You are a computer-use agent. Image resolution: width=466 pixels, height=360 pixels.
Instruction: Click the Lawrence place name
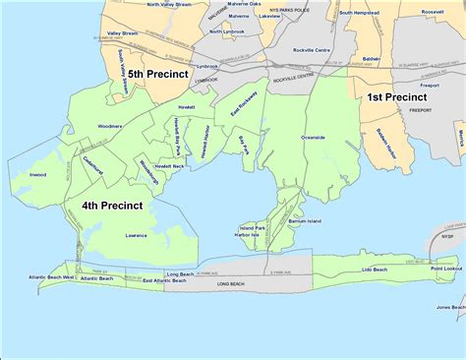[137, 236]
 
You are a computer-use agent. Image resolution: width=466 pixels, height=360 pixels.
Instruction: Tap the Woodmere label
[109, 127]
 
